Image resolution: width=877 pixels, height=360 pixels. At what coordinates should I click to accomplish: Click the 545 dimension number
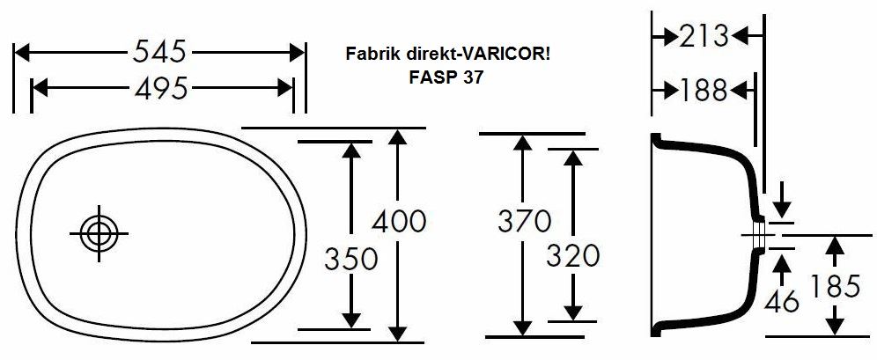click(x=159, y=53)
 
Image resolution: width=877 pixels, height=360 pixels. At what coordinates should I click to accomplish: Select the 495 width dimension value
click(x=161, y=88)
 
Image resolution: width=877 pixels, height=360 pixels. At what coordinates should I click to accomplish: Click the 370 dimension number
click(x=523, y=221)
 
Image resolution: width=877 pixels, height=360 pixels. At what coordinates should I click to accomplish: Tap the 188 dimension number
click(x=704, y=90)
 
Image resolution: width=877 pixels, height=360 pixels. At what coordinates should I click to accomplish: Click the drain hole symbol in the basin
click(x=98, y=232)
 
